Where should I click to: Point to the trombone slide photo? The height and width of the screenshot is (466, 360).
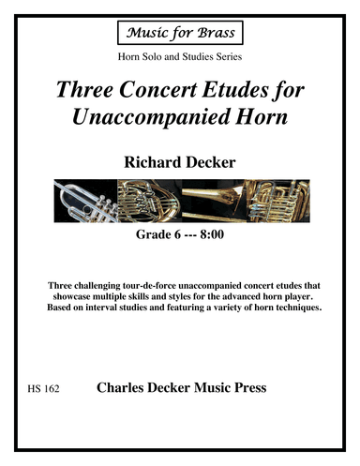tap(211, 199)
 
